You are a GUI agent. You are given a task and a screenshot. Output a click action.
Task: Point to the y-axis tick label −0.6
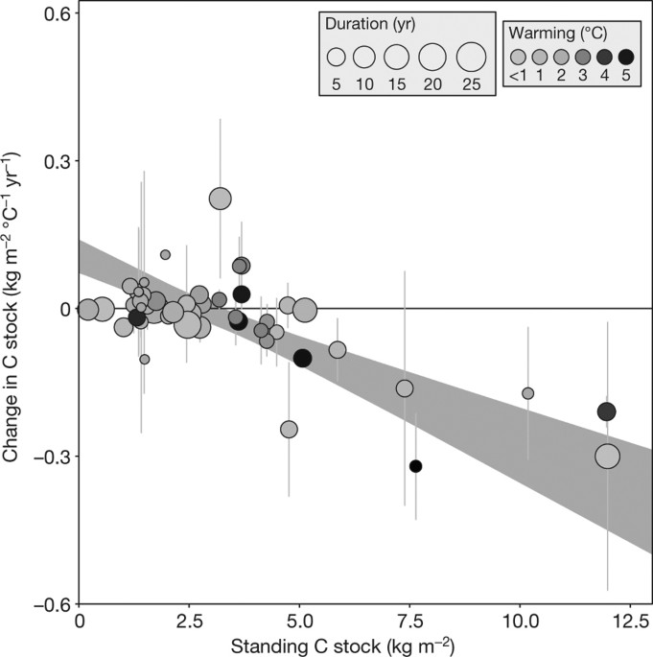[x=53, y=604]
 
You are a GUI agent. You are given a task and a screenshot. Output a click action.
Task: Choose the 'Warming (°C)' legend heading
[x=571, y=33]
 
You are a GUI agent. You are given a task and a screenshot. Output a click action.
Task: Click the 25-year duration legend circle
[x=471, y=57]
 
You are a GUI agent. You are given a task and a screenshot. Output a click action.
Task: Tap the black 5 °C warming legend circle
[x=626, y=57]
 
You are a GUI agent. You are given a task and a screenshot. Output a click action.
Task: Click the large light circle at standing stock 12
[x=607, y=456]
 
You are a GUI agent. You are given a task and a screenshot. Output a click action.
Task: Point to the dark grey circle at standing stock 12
[x=606, y=411]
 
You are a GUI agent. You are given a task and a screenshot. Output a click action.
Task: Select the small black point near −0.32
[x=415, y=466]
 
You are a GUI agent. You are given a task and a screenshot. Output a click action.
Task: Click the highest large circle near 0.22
[x=221, y=199]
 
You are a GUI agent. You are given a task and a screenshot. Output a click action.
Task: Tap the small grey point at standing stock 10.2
[x=527, y=393]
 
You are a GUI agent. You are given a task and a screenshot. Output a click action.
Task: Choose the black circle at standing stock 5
[x=302, y=359]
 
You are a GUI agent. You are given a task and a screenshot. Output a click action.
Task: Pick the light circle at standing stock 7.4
[x=405, y=388]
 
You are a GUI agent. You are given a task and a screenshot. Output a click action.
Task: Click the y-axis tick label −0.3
[x=53, y=457]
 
